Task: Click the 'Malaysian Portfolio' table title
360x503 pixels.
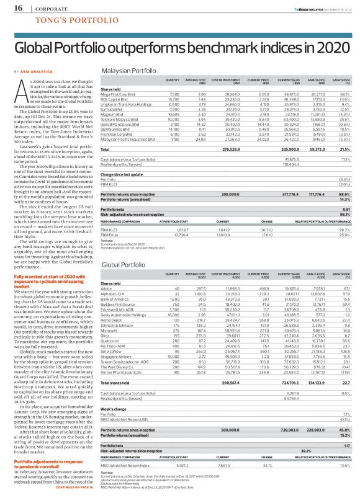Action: point(125,72)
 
